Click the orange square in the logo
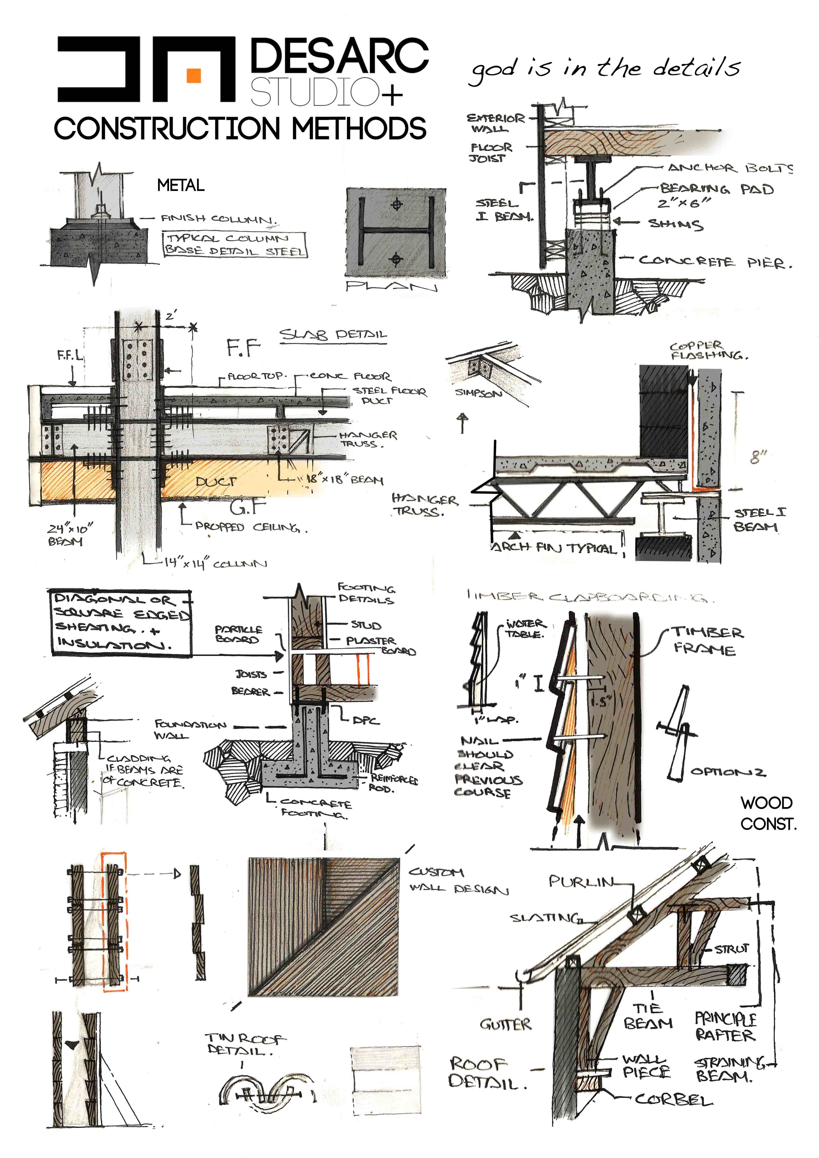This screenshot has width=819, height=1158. point(194,75)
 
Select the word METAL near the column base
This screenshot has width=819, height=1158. point(180,186)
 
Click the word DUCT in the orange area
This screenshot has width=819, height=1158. point(216,482)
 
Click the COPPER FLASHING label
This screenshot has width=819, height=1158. point(708,351)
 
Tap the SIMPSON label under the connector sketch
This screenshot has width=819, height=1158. point(478,393)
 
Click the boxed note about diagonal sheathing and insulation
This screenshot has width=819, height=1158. point(120,622)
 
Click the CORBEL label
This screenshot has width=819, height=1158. point(673,1099)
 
